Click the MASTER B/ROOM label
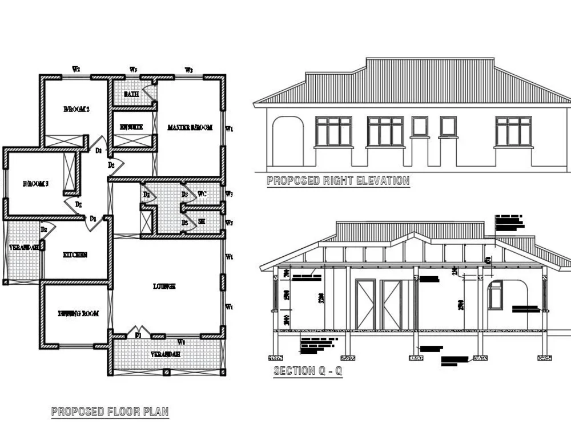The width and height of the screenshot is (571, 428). pos(190,128)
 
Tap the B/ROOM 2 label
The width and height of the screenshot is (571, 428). pos(76,109)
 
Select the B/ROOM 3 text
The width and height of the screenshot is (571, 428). pos(35,184)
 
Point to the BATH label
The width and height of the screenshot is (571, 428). pos(131,94)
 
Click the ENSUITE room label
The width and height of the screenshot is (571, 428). pos(131,127)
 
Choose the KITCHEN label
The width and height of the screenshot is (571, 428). pos(75,255)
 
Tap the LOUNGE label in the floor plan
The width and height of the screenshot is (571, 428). pos(164,286)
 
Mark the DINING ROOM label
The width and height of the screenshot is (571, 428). pos(78,313)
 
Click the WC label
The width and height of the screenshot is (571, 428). pos(202,195)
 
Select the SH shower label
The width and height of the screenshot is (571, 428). pos(202,222)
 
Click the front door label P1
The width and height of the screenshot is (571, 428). pos(138,336)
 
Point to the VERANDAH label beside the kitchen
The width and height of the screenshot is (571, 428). pos(23,248)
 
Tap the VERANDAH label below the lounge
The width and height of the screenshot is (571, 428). pos(166,354)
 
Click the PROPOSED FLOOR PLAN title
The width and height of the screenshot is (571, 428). pos(110,411)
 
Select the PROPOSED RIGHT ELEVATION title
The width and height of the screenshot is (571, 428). pos(338,181)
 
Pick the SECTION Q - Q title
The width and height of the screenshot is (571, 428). pos(308,371)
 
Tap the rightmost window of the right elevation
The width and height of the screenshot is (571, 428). pos(513,131)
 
